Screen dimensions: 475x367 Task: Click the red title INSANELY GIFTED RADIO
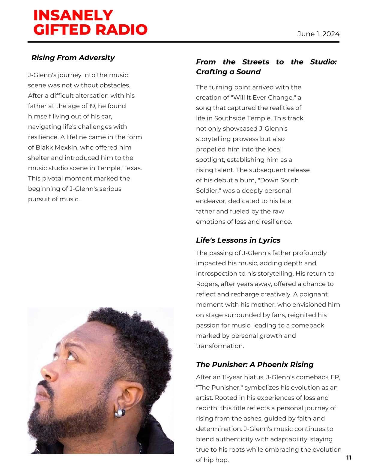(x=90, y=22)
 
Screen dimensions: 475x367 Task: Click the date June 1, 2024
(x=318, y=34)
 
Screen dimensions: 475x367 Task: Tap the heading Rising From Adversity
(x=73, y=58)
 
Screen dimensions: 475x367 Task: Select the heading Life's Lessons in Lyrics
(x=238, y=240)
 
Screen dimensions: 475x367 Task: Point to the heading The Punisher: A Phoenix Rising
(x=255, y=364)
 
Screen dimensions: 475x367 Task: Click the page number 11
(x=348, y=458)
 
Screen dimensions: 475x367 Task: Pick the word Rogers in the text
(x=205, y=284)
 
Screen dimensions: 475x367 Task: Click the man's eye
(x=71, y=357)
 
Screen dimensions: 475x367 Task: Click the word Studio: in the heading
(x=323, y=62)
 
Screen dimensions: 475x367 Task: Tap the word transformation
(x=220, y=346)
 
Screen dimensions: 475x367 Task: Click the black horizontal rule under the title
(x=183, y=42)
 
